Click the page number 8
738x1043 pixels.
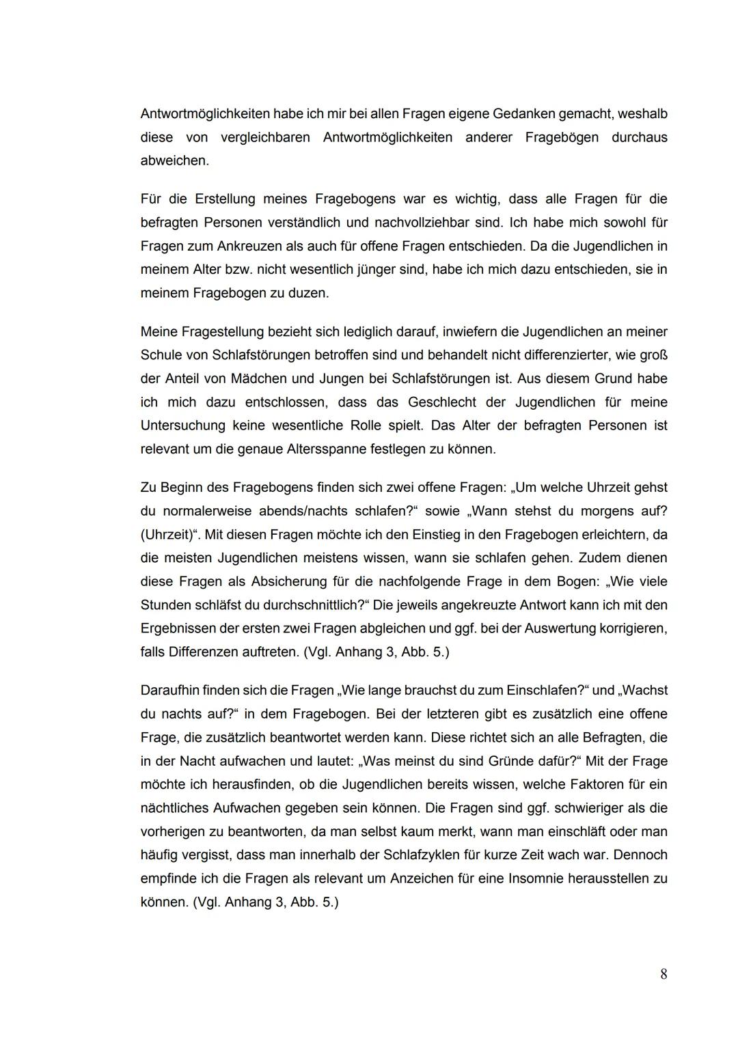click(664, 975)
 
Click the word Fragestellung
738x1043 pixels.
click(223, 332)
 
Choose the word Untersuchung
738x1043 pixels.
click(182, 426)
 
